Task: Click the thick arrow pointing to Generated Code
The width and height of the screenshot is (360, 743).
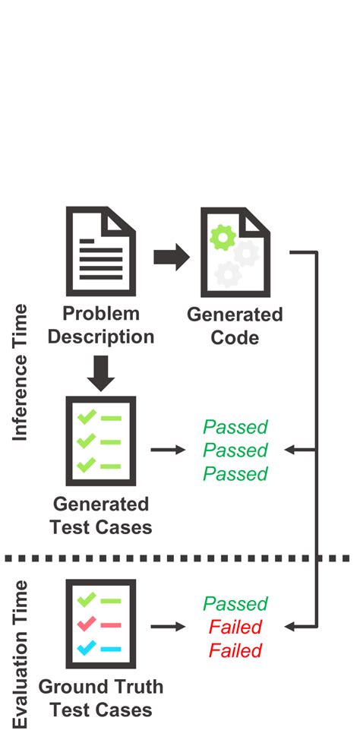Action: tap(171, 257)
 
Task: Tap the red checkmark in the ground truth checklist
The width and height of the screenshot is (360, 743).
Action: tap(87, 624)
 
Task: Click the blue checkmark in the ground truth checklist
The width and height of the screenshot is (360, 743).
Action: tap(87, 647)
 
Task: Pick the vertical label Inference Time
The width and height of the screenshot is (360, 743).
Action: tap(21, 372)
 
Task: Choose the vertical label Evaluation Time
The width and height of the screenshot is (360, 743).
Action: tap(21, 653)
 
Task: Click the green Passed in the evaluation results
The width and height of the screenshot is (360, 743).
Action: tap(235, 604)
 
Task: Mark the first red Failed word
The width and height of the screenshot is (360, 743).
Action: tap(235, 628)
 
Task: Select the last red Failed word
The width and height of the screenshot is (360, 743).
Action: tap(235, 651)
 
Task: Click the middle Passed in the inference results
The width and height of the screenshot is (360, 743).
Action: tap(235, 451)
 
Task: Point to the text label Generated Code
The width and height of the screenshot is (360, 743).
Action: tap(234, 325)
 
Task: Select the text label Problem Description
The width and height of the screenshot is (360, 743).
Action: tap(101, 324)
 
